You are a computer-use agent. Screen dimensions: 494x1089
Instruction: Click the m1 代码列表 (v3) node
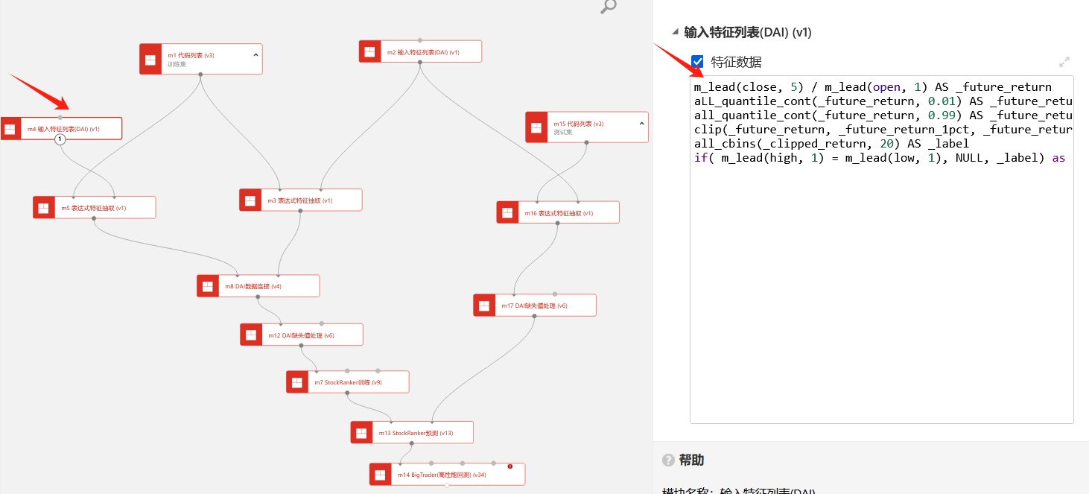point(201,59)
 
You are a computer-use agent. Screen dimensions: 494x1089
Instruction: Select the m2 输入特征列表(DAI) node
point(420,51)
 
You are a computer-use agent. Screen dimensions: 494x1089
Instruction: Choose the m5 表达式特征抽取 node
point(94,208)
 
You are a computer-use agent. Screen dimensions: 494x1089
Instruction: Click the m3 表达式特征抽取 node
point(300,200)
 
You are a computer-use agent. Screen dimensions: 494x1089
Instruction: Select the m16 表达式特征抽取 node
point(558,213)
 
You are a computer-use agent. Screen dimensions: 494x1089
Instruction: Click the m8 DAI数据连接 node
point(258,286)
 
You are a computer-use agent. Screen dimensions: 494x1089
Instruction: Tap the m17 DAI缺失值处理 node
point(535,305)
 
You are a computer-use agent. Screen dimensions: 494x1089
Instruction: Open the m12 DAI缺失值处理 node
point(301,335)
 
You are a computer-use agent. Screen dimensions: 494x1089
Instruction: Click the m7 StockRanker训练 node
point(347,382)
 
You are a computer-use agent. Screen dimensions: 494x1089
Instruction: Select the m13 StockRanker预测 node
point(412,433)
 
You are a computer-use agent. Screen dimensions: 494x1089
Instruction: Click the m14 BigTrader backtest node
point(447,475)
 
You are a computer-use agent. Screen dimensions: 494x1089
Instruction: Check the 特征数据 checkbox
point(697,62)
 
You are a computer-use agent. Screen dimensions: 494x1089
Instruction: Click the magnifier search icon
point(609,7)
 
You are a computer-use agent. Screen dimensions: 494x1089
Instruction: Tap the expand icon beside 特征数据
point(1064,62)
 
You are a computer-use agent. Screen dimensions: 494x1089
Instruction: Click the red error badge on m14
point(510,466)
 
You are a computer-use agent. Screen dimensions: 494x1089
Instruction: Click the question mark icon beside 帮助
point(668,460)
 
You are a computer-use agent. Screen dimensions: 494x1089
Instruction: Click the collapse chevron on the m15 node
point(641,123)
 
